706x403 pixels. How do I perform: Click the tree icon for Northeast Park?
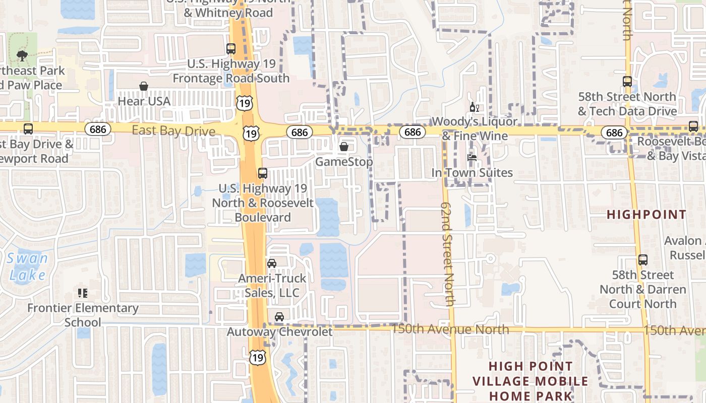[22, 55]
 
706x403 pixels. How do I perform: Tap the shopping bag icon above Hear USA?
[144, 86]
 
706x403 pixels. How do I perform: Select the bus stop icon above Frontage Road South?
[231, 49]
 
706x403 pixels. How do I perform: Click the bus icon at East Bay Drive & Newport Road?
[28, 129]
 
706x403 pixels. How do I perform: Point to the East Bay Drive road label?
[173, 131]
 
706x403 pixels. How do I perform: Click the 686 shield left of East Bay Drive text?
[98, 129]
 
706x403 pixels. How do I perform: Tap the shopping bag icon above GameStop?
[344, 147]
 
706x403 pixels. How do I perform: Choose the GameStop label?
[344, 162]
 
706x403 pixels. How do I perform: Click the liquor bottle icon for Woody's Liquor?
[474, 107]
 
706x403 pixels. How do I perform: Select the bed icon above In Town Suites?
[472, 158]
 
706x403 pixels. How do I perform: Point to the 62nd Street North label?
[448, 254]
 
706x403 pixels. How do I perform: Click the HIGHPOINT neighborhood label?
[646, 215]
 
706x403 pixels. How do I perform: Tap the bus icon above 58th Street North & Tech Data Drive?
[627, 81]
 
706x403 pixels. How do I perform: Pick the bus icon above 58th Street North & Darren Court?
[643, 260]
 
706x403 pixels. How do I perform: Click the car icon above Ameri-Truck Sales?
[272, 263]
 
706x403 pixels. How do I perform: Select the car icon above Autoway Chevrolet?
[279, 317]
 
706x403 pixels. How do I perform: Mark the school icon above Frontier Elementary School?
[83, 293]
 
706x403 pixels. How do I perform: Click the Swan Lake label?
[28, 267]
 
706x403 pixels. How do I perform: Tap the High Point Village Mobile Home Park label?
[531, 381]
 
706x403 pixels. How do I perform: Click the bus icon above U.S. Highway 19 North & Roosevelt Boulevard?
[263, 173]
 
